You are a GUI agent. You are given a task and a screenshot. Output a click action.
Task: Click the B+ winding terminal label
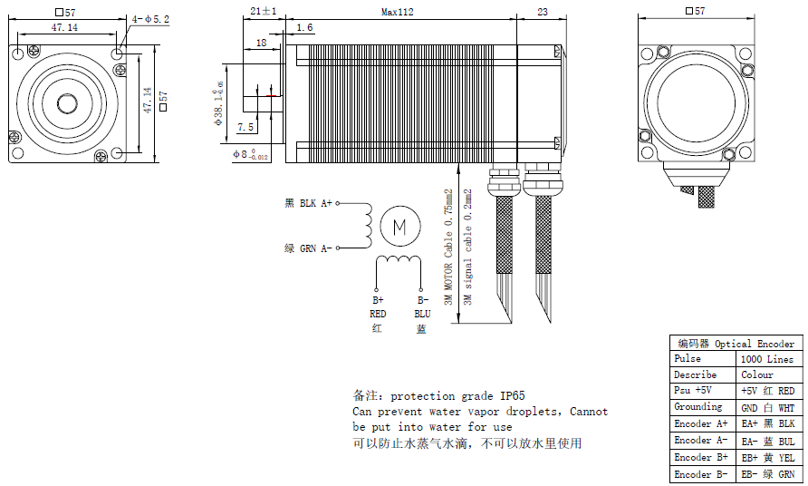378,300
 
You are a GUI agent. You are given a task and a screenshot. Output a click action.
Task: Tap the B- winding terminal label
422,300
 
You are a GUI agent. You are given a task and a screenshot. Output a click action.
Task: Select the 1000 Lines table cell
767,359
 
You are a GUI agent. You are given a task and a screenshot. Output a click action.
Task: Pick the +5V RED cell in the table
767,391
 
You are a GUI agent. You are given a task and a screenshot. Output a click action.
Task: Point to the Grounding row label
697,407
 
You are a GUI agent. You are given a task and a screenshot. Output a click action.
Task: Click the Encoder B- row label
700,474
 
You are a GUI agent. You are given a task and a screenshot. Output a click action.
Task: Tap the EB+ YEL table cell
767,457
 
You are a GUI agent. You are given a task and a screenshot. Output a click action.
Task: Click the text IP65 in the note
509,396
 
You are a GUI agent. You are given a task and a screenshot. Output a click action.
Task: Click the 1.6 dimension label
304,29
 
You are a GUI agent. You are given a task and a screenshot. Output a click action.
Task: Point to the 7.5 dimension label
245,127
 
